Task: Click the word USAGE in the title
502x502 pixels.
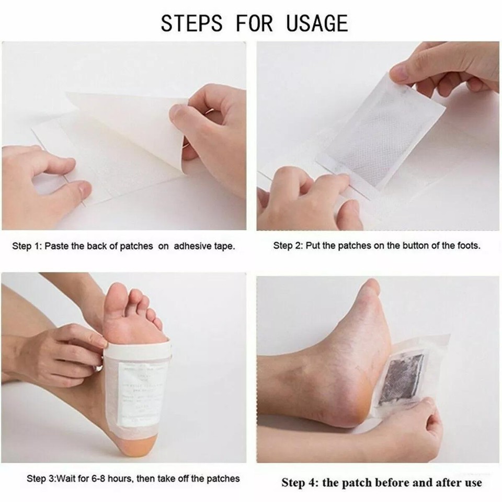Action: pos(317,24)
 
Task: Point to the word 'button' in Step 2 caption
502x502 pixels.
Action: pos(402,245)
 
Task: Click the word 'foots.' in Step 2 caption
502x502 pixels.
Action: pos(467,245)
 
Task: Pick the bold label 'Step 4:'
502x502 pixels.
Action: pos(300,482)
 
